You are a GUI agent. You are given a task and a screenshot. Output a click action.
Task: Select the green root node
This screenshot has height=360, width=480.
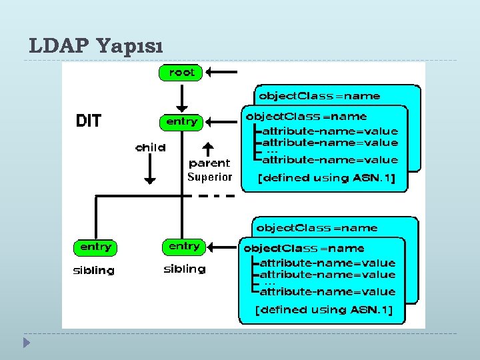coord(181,72)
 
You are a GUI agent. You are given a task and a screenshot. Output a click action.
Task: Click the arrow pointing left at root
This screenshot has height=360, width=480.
coord(223,72)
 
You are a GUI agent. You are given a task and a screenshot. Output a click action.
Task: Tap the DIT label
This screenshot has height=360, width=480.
coord(89,121)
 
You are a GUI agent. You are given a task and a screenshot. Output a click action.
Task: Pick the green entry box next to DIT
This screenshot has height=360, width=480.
coord(181,122)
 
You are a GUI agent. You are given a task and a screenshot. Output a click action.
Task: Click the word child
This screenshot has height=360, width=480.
coord(150,147)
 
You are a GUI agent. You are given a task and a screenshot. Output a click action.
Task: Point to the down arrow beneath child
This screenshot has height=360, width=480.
coord(150,171)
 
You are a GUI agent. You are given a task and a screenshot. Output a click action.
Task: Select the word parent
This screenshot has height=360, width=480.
coord(209,163)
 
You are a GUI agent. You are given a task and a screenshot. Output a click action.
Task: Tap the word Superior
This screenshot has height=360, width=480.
coord(209,177)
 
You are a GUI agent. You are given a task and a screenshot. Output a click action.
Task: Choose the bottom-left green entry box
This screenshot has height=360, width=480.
coord(95,247)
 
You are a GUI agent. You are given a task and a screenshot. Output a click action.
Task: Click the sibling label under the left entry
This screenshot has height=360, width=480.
coord(93,271)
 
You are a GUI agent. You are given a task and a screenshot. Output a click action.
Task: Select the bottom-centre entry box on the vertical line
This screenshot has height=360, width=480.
coord(183,247)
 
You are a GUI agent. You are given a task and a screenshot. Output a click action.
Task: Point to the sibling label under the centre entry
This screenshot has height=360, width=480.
coord(185,269)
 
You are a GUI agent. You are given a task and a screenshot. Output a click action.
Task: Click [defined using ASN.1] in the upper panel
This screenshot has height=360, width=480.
coord(327,178)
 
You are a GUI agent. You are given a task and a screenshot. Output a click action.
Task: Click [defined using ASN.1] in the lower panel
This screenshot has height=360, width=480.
coord(325,310)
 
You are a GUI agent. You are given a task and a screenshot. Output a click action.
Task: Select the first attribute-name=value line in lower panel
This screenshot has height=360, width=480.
coord(327,263)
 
